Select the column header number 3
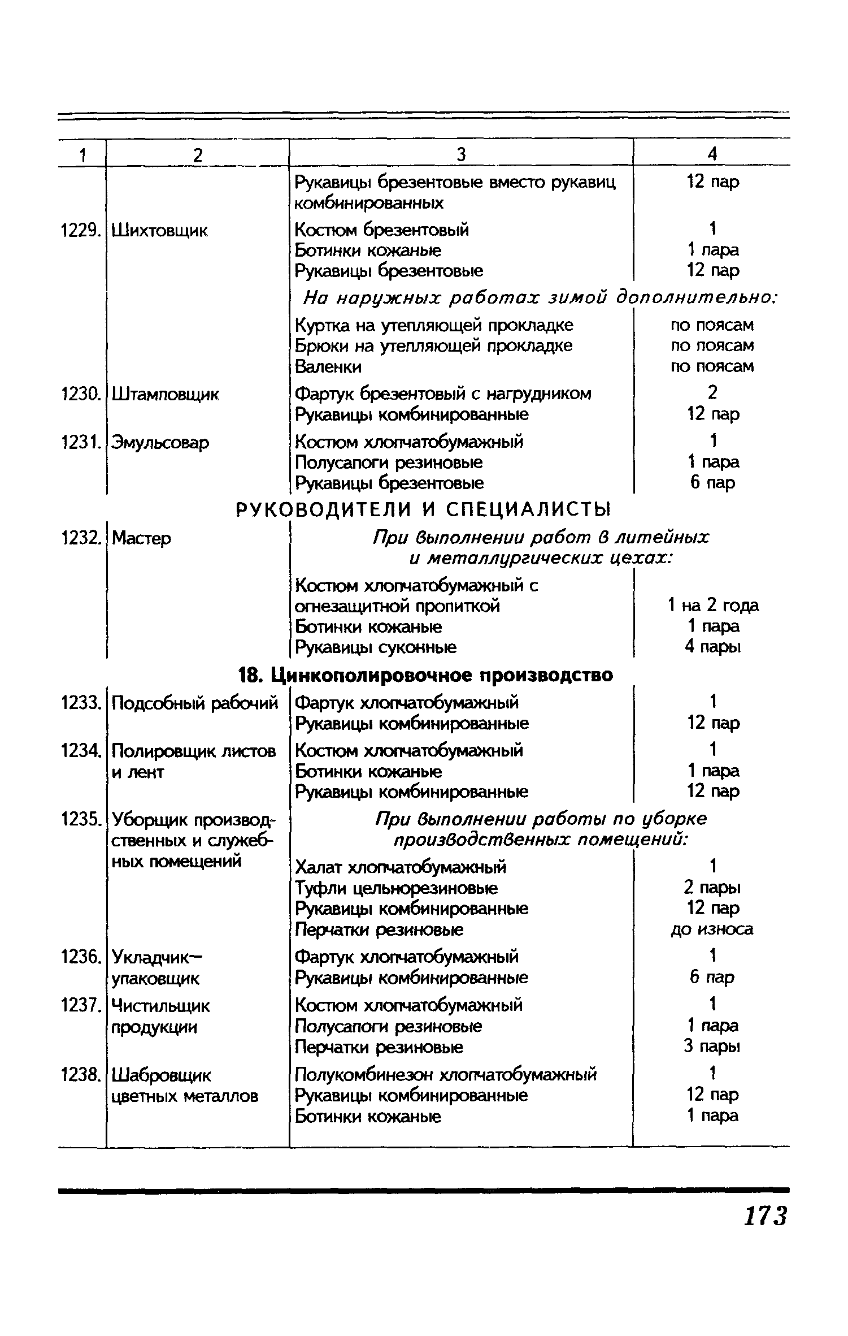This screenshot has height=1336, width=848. coord(461,154)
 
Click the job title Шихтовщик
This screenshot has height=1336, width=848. coord(160,230)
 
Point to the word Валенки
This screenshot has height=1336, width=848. coord(328,367)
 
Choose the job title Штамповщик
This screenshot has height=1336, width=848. coord(165,394)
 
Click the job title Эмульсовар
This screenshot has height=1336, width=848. coord(160,442)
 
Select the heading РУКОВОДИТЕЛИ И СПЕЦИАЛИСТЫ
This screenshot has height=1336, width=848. coord(423,510)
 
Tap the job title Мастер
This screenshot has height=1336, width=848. coord(141,538)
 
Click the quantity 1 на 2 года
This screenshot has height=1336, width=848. coord(713,606)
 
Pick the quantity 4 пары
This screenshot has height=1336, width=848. coord(713,647)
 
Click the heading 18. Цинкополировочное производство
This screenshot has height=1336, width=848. coord(426,675)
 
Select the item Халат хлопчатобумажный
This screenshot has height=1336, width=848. coord(401,867)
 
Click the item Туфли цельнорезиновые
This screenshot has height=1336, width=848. coord(397,888)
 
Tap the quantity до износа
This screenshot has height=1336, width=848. coord(712,929)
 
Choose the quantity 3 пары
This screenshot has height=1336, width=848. coord(712,1047)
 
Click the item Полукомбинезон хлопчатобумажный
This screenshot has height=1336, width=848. coord(446,1074)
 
